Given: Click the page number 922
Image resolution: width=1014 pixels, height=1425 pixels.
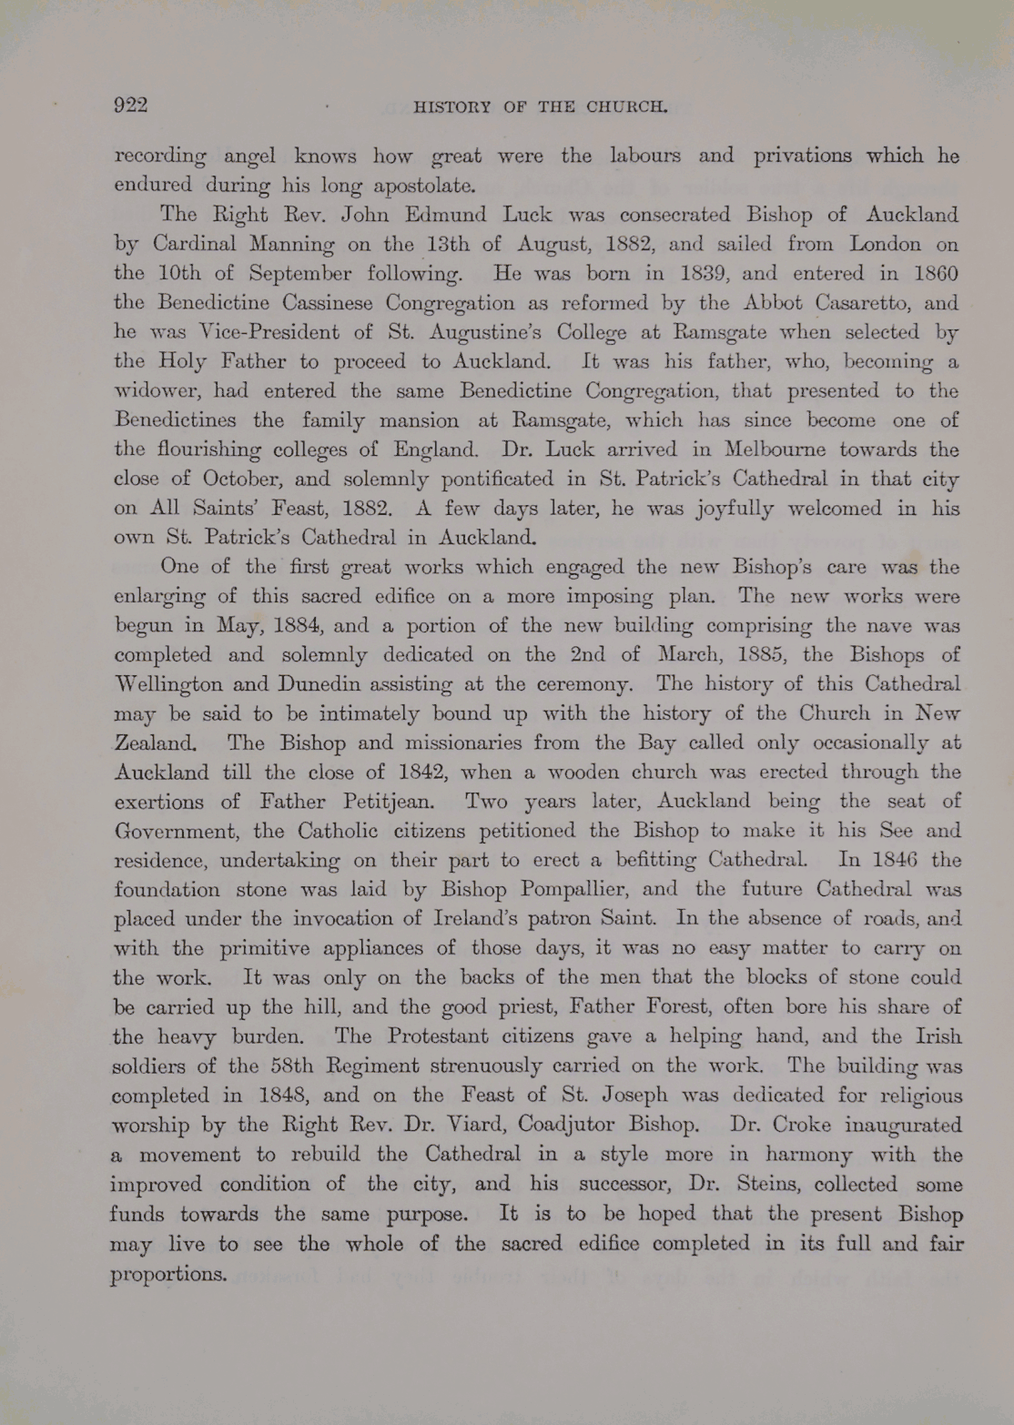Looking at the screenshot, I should click(x=131, y=105).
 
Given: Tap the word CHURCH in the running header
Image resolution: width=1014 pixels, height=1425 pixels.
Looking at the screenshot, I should click(x=627, y=106).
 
